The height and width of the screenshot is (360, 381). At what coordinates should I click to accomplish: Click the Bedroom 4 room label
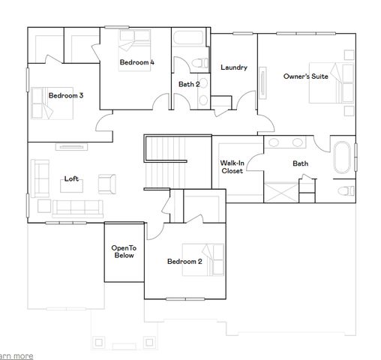137,63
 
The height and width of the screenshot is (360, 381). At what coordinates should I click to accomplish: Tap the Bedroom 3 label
66,95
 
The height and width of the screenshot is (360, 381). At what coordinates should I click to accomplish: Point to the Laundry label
233,67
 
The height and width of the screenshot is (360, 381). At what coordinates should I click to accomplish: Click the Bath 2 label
188,84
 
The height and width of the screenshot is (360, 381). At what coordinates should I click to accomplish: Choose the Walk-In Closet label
231,166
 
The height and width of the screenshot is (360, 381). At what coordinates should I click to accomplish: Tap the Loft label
72,178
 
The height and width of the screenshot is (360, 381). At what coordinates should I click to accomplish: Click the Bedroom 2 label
184,262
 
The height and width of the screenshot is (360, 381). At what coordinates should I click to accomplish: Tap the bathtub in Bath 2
190,37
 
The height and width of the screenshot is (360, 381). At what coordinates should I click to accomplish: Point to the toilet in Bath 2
198,61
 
